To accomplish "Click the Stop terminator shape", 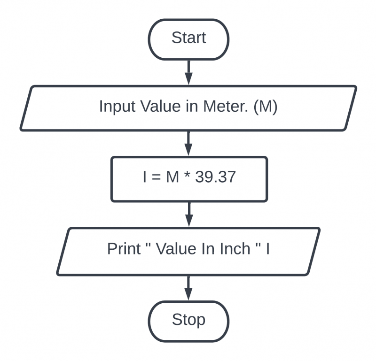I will [188, 321].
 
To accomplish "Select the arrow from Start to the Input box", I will [188, 72].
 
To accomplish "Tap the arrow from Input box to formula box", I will [188, 143].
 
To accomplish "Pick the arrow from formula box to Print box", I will [188, 214].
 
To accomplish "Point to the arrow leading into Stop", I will [188, 287].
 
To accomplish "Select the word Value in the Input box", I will [156, 107].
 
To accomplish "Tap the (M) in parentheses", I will [266, 107].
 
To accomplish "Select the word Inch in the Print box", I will [235, 249].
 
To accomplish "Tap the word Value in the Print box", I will [177, 249].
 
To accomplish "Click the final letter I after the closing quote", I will [268, 249].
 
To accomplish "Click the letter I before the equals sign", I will [144, 178].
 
